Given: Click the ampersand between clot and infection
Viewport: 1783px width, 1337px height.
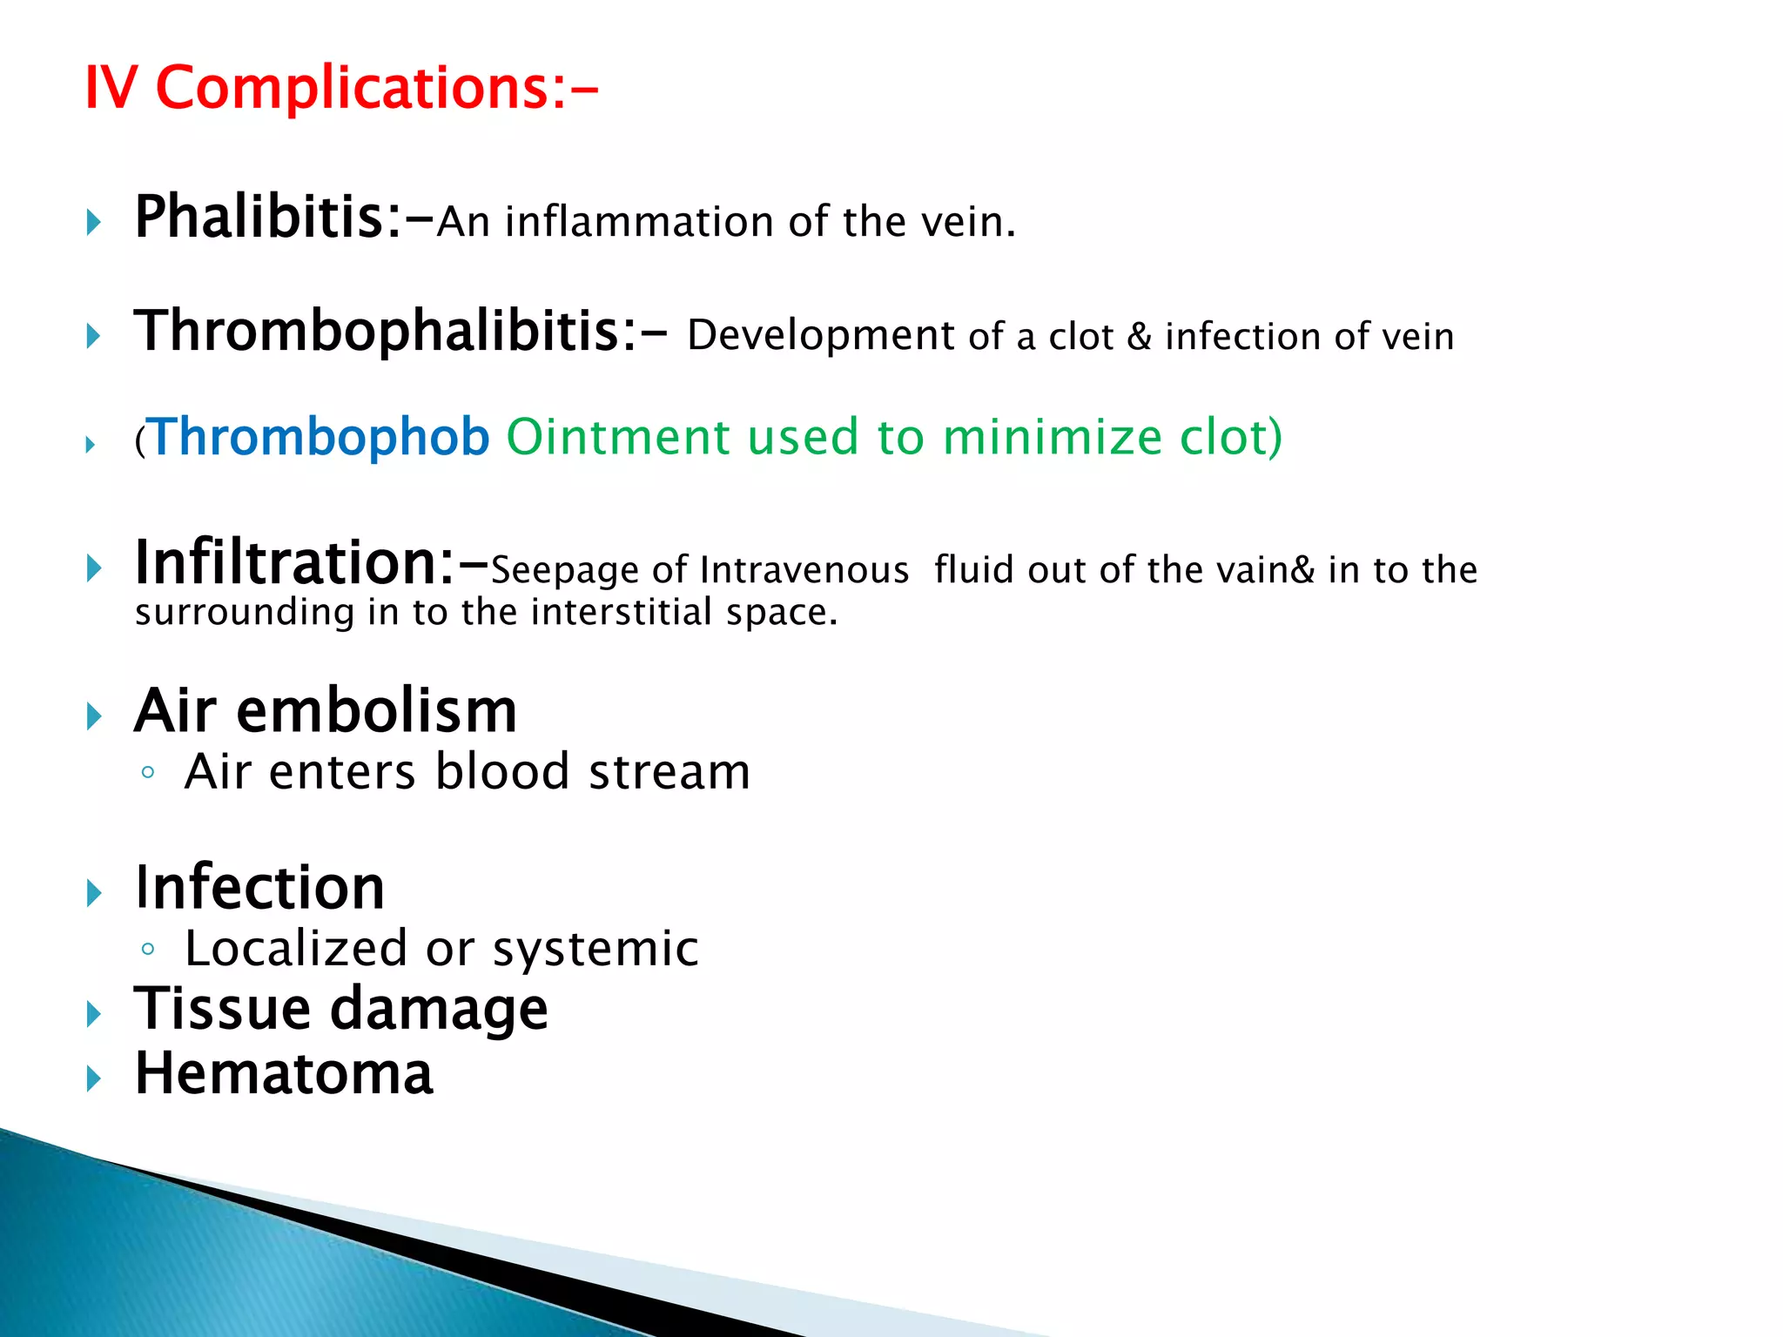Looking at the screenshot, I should tap(1139, 337).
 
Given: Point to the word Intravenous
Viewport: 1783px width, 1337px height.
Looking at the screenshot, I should tap(804, 571).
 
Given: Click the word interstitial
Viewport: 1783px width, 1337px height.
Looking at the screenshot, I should tap(622, 612).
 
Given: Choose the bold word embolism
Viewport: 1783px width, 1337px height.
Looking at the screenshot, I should tap(376, 711).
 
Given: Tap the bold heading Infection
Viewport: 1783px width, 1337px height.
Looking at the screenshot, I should tap(259, 888).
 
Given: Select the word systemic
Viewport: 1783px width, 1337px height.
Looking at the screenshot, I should tap(595, 949).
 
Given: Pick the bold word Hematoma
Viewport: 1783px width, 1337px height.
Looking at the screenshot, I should tap(284, 1073).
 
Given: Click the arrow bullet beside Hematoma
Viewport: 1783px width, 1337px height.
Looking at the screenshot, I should tap(94, 1079).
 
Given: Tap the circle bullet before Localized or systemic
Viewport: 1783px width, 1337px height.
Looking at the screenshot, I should tap(148, 949).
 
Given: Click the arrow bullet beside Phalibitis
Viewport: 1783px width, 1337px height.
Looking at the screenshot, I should tap(94, 223).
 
